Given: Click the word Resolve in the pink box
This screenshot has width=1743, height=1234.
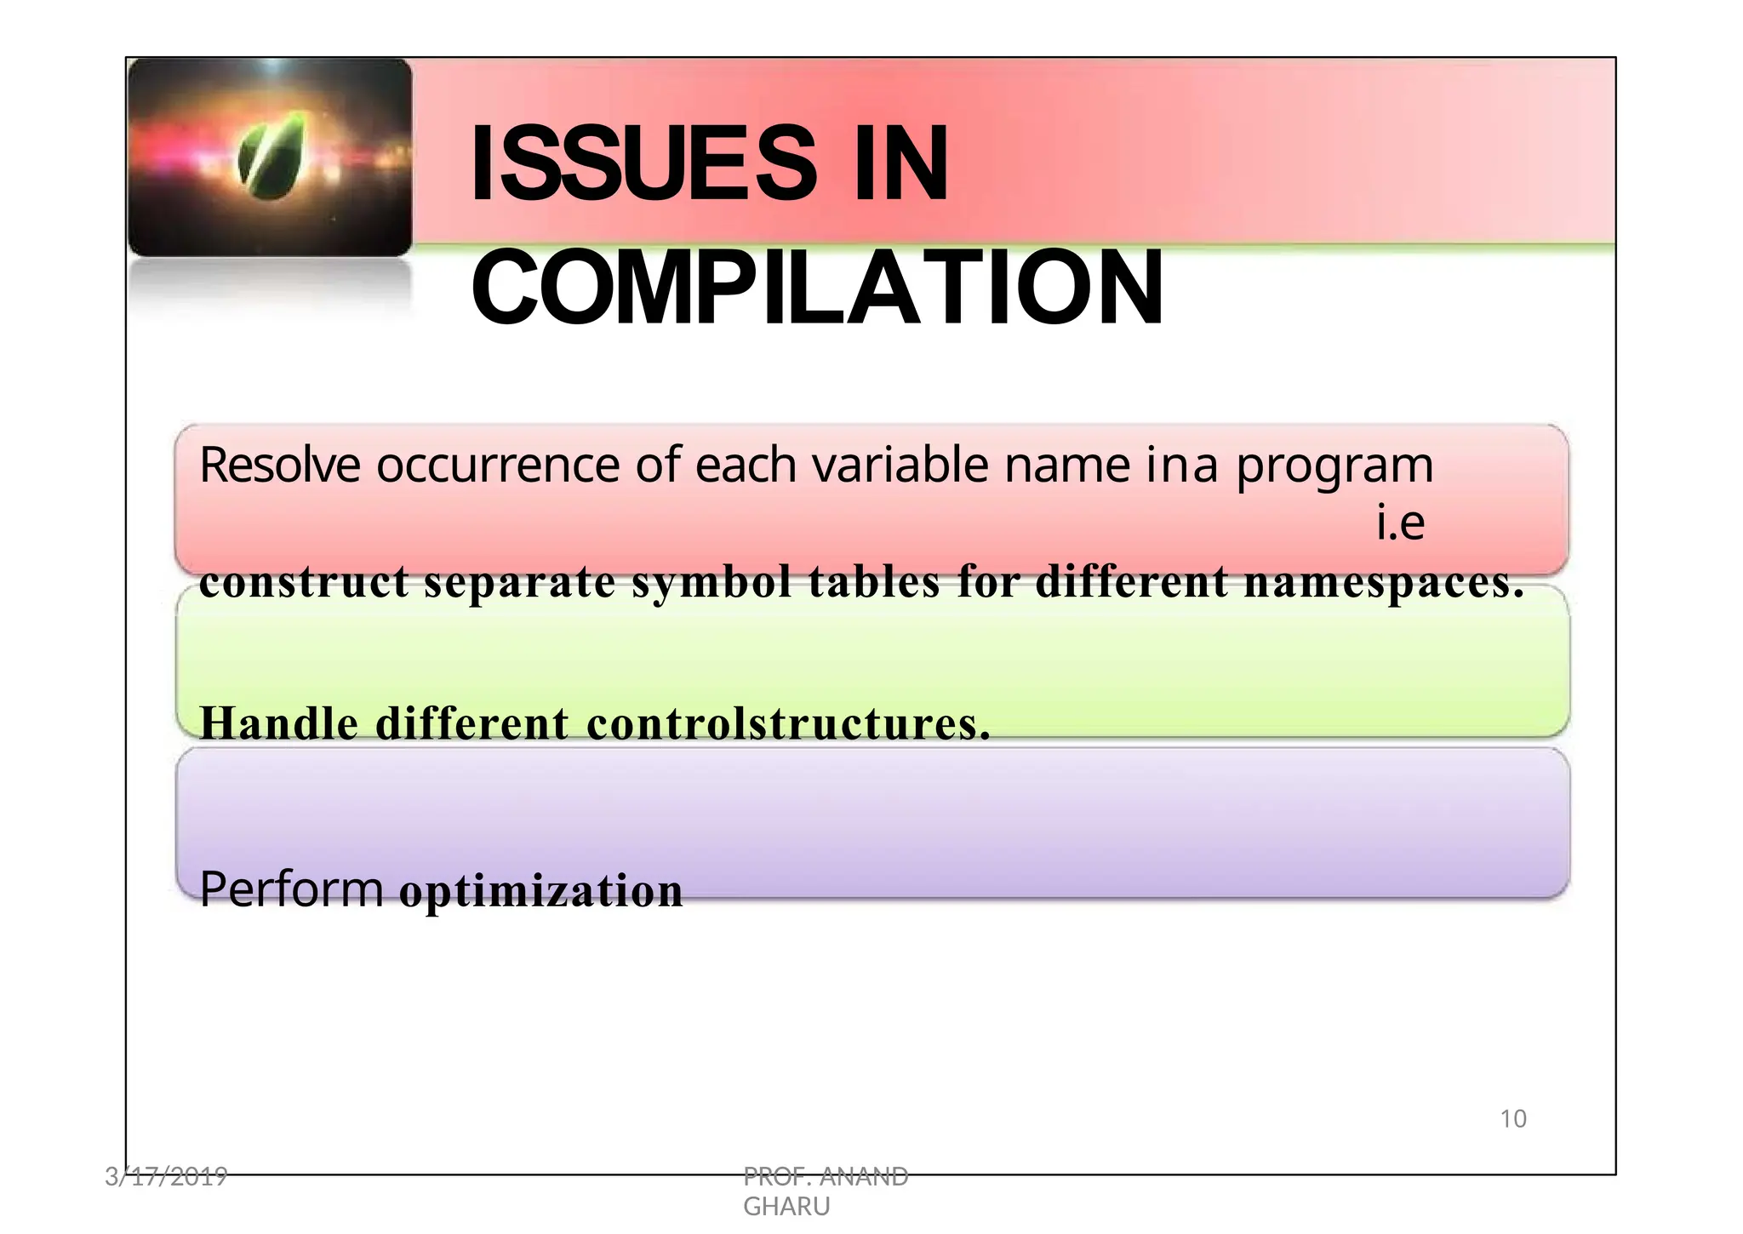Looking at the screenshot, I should (x=279, y=466).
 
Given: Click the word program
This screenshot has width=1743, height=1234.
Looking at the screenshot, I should (x=1334, y=467).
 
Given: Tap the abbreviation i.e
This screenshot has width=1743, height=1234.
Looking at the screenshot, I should (x=1400, y=523).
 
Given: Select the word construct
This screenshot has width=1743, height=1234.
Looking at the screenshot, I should (x=304, y=582).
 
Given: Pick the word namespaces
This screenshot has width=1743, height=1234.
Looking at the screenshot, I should (x=1384, y=584).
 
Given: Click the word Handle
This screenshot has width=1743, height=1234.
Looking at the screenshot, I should (x=279, y=723).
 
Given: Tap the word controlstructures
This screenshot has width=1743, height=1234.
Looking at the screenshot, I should (x=788, y=723).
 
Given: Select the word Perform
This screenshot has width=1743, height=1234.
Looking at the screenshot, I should (x=291, y=889).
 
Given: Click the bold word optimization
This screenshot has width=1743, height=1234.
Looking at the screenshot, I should (x=541, y=891).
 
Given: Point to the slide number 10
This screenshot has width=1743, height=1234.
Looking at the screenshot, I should (x=1512, y=1119).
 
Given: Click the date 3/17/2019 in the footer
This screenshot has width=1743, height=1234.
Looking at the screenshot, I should (x=166, y=1177).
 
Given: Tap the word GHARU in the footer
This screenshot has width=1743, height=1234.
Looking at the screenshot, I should (x=786, y=1207).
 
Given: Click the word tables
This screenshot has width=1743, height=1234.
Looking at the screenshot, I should (x=874, y=582).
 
